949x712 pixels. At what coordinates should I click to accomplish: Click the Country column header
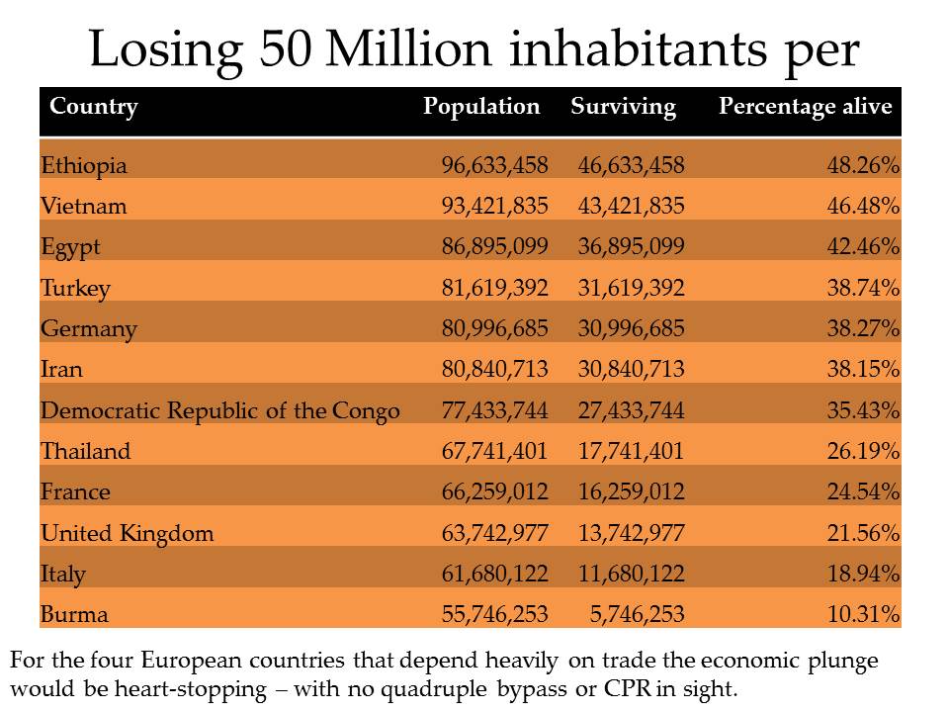click(94, 107)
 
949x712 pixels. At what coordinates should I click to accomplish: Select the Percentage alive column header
click(805, 107)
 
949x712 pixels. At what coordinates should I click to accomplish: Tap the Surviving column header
click(623, 107)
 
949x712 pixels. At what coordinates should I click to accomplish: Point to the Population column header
click(481, 107)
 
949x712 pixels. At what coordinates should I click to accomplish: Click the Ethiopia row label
click(84, 165)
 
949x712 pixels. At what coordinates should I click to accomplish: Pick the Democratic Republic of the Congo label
click(220, 410)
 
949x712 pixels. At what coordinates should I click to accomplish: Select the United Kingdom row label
click(128, 534)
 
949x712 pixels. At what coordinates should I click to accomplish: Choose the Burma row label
click(75, 615)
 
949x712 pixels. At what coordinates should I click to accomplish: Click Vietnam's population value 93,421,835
click(494, 207)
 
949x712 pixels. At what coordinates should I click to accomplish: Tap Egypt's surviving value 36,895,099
click(631, 247)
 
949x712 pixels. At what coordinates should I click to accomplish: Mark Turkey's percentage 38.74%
click(863, 289)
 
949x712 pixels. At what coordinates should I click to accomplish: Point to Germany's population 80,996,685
click(494, 329)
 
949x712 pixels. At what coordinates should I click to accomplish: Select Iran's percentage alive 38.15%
click(863, 370)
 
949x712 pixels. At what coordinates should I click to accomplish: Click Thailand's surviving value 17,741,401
click(631, 452)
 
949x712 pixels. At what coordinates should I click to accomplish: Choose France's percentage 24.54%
click(863, 492)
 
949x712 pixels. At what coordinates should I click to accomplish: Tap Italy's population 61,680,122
click(494, 575)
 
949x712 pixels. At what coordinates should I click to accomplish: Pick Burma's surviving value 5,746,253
click(638, 615)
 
